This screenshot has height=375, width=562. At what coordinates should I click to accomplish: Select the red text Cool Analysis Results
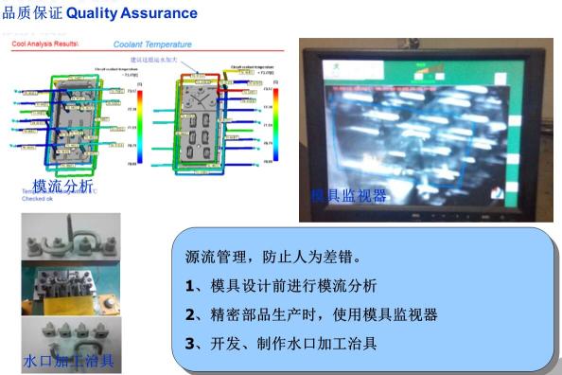pos(44,44)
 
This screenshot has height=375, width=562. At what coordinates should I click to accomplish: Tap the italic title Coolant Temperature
pos(152,44)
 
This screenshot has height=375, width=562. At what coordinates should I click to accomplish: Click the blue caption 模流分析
pos(62,186)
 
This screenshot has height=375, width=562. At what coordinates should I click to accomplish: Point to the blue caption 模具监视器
pos(349,195)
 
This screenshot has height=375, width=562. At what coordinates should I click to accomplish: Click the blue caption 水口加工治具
pos(69,361)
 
